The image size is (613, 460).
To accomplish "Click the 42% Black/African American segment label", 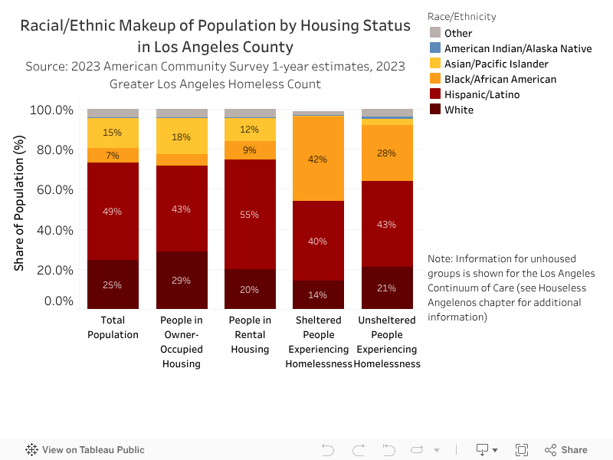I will [318, 159].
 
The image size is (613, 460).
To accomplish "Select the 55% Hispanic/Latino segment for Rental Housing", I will [250, 215].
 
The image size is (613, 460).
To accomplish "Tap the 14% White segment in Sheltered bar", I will [318, 294].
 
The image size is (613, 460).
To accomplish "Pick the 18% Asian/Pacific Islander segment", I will [181, 137].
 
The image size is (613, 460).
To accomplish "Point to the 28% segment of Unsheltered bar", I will [387, 153].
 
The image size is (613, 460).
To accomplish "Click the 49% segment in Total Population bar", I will [113, 212].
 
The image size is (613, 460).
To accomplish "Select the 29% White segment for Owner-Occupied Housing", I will [181, 280].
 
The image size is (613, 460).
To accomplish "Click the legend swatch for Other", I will [434, 33].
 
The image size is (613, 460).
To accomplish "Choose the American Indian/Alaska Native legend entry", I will [518, 48].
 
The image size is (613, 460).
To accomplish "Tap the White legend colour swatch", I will [434, 110].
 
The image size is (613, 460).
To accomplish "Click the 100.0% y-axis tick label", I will [51, 110].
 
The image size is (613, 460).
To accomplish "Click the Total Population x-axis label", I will [113, 327].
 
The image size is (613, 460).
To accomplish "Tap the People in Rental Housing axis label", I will [250, 334].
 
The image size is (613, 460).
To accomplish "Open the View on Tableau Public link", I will [85, 450].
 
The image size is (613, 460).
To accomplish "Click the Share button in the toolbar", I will [566, 450].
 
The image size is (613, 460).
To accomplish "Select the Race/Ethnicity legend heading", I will [462, 17].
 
